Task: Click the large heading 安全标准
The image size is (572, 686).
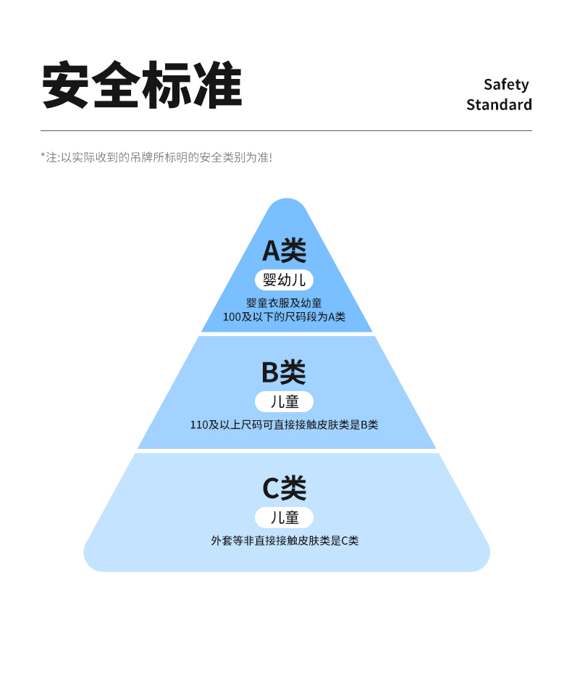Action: pos(141,85)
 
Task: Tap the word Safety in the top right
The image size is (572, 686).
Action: pos(506,85)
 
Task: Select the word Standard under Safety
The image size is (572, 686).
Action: pos(499,104)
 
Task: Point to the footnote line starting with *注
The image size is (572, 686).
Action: pos(156,156)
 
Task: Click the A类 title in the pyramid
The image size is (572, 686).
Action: pos(284,251)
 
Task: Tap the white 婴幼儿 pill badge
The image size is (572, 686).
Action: pos(284,280)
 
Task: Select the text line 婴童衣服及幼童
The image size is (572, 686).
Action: pos(284,303)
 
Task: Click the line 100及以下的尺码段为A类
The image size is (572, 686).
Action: pos(284,317)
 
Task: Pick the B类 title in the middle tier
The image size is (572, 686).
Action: pos(284,372)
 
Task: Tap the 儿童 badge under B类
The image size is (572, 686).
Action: pos(284,401)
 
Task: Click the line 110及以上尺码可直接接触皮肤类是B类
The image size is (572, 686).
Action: pos(284,424)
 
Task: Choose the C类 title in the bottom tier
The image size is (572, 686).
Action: pos(284,488)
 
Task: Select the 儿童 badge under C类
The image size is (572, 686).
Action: pos(284,517)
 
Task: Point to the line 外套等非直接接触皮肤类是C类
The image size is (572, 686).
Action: pos(284,540)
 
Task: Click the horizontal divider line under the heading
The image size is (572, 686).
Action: pos(286,130)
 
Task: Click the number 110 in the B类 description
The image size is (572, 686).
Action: pos(199,424)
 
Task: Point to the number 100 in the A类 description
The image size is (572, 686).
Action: pos(232,317)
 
